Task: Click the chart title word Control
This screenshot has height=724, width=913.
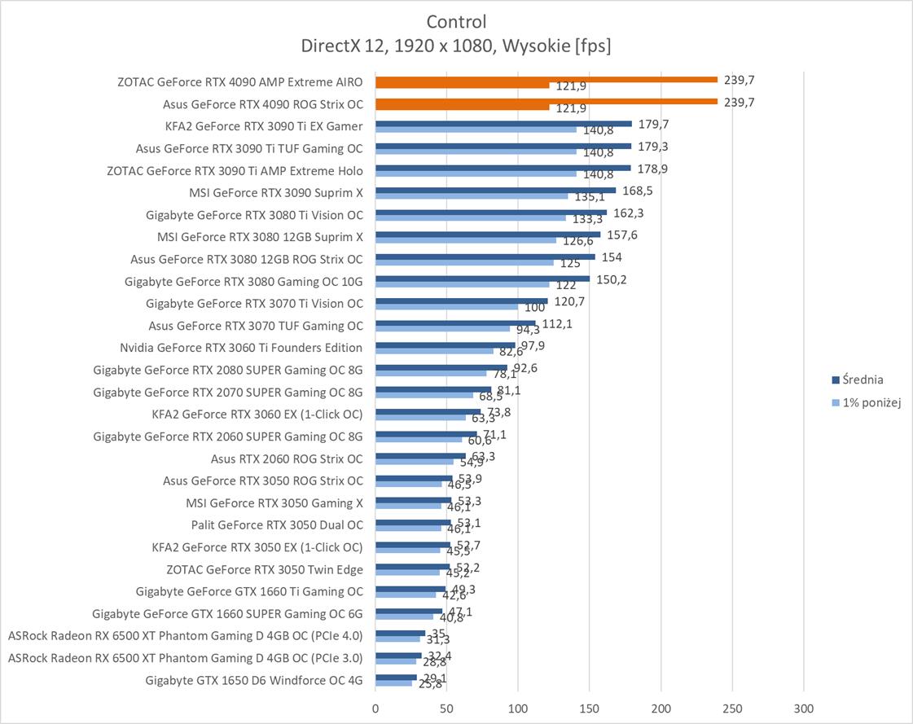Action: (456, 21)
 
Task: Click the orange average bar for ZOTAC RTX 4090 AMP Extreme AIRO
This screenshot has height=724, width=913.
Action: (546, 79)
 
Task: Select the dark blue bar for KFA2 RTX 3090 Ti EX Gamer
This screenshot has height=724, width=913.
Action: (503, 124)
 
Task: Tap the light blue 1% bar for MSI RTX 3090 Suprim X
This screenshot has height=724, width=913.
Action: (472, 196)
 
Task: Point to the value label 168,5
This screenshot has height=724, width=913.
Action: (638, 191)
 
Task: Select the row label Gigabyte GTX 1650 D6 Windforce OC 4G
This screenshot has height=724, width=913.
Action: (254, 680)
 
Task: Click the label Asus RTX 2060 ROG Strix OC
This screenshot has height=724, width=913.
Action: (287, 459)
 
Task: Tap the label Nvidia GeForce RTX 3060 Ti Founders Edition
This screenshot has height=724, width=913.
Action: (241, 348)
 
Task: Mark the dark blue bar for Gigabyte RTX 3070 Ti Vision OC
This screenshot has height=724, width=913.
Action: (462, 301)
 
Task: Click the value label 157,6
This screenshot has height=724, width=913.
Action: (623, 235)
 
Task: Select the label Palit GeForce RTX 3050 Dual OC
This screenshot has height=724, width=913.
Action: (277, 525)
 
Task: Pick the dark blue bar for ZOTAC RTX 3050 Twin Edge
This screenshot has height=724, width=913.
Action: (412, 566)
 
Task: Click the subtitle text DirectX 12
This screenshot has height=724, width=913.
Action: (342, 46)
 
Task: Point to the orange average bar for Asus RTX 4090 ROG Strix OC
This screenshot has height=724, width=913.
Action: (546, 101)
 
